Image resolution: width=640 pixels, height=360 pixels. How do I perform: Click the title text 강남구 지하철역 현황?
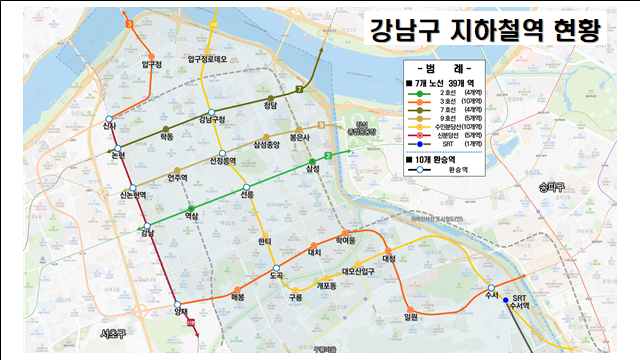tap(483, 29)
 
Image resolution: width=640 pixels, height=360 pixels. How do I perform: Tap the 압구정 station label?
tap(152, 63)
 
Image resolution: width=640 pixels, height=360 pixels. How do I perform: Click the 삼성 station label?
tap(313, 169)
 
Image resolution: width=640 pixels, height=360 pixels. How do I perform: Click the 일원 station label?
tap(410, 318)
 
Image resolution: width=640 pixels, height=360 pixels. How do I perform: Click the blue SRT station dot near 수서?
tap(506, 299)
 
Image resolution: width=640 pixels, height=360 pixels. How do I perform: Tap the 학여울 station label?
tap(346, 240)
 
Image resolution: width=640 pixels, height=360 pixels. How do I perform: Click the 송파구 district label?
tap(550, 187)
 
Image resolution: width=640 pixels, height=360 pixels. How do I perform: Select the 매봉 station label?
tap(238, 297)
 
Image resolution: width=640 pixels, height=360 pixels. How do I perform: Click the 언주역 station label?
tap(178, 178)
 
